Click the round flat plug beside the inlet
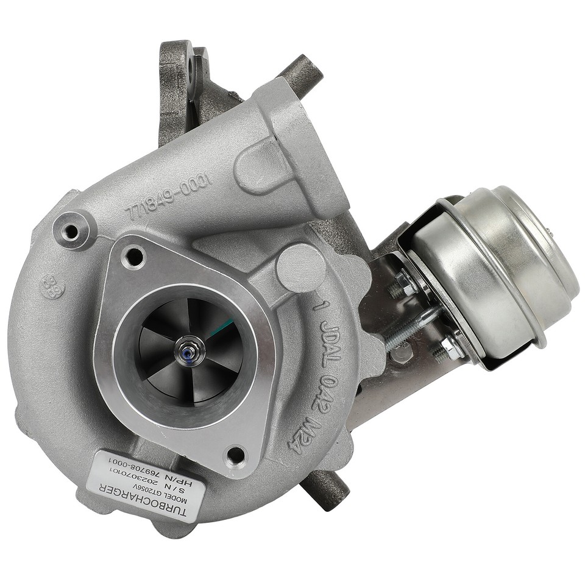tap(300, 267)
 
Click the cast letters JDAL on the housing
tap(328, 338)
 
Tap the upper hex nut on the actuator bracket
tap(403, 283)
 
